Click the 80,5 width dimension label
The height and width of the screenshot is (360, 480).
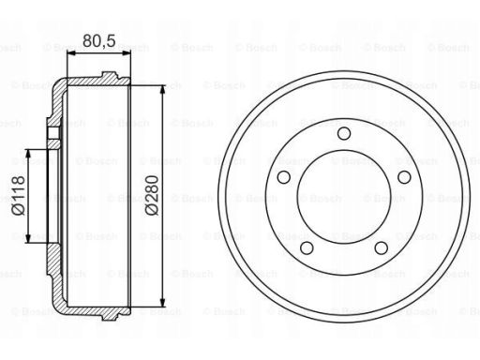coord(99,40)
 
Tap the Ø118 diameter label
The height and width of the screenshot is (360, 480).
coord(18,196)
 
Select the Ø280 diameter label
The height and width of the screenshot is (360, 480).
coord(152,196)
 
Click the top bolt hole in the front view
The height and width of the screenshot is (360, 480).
coord(344,133)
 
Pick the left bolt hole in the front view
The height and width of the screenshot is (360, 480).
coord(284,177)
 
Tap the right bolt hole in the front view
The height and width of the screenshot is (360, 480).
coord(404,177)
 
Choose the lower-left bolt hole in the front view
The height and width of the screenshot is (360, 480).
coord(307,248)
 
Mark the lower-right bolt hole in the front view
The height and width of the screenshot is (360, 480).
coord(382,248)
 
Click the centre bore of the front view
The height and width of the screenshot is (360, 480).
coord(344,197)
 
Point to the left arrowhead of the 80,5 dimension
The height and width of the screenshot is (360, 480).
coord(71,53)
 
